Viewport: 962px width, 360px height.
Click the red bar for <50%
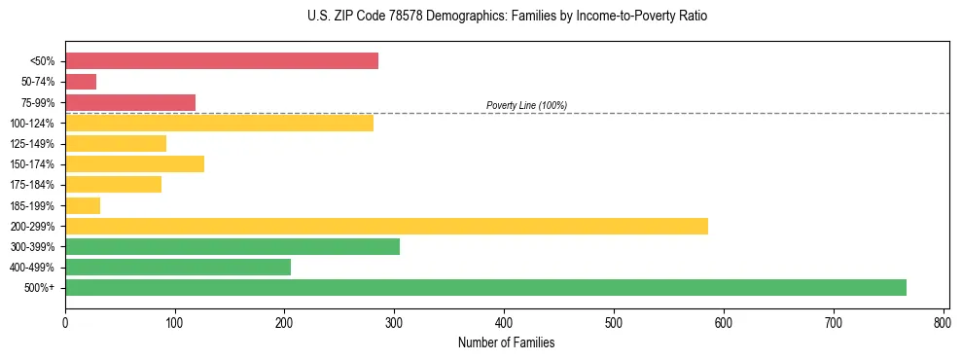point(221,61)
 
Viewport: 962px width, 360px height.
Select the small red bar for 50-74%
point(81,82)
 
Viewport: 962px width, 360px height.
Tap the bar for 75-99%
point(130,102)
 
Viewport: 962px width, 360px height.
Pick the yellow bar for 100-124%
point(219,123)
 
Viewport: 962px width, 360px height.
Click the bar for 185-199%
point(83,205)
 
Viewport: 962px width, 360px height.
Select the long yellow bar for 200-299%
point(386,226)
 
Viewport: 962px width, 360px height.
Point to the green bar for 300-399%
point(232,246)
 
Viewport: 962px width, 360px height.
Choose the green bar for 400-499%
point(178,267)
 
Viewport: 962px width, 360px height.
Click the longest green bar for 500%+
point(485,287)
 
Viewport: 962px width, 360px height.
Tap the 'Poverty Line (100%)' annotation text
point(526,105)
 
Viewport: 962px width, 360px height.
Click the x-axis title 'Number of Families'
point(507,342)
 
